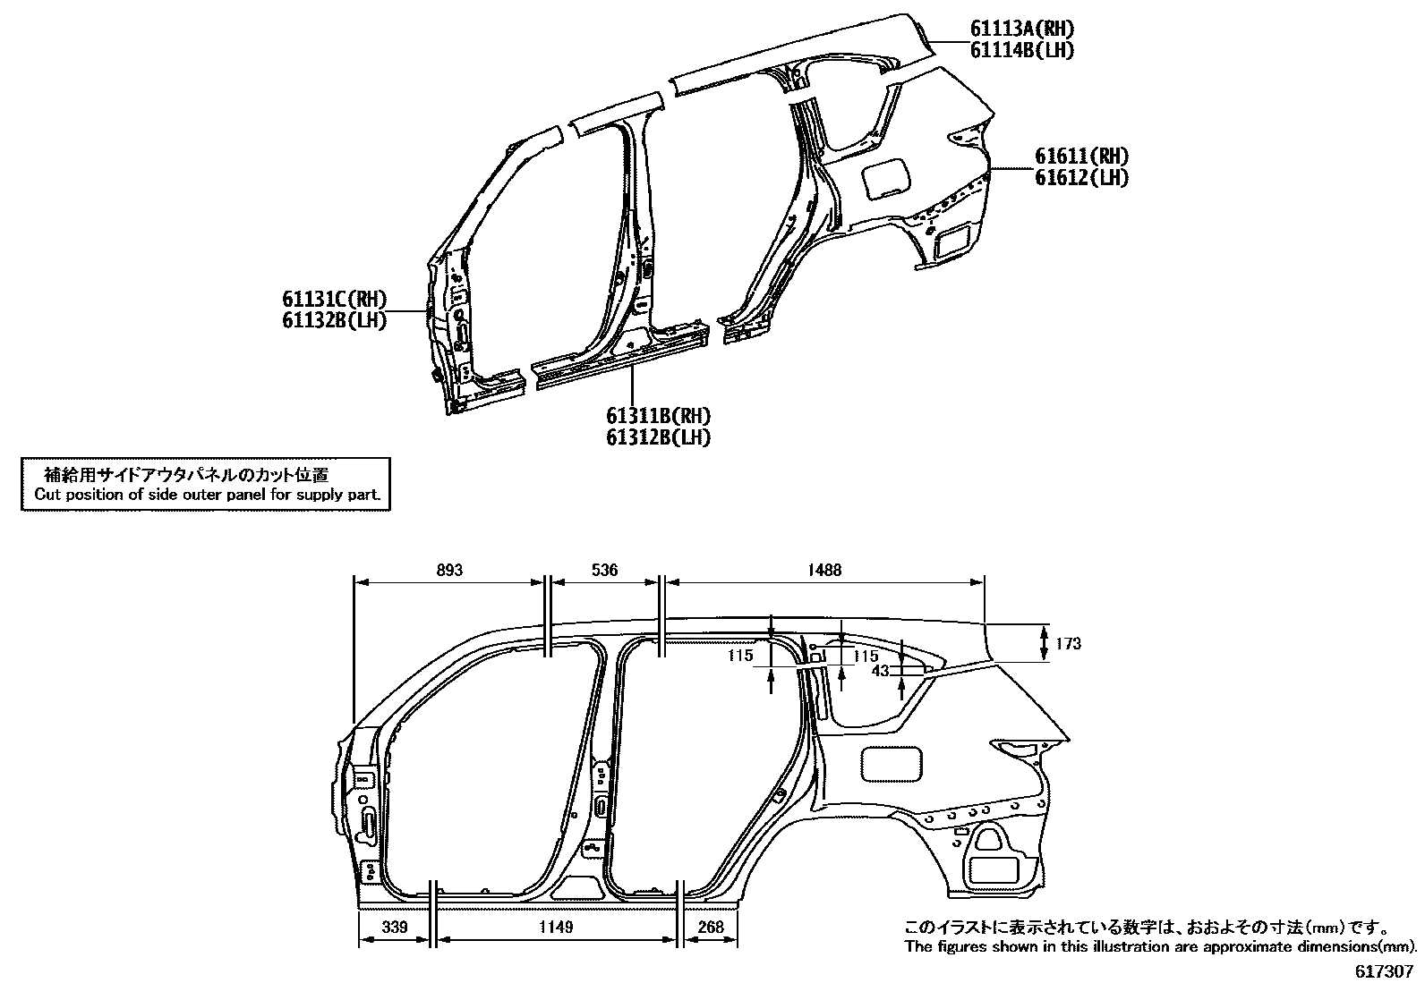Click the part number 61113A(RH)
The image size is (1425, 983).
[x=1022, y=30]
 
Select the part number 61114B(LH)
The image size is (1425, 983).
[x=1022, y=50]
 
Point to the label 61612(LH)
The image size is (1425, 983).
[x=1081, y=178]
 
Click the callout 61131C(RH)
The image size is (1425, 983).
[x=336, y=300]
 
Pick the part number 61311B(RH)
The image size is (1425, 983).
[x=658, y=416]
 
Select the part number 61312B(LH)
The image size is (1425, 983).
[x=658, y=437]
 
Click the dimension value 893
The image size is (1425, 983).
[x=449, y=570]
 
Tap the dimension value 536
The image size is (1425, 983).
[x=605, y=570]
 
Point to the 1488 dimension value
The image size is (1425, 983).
[x=823, y=570]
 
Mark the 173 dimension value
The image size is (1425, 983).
[x=1069, y=644]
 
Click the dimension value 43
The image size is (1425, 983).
[x=880, y=670]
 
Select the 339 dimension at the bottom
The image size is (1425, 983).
[x=394, y=928]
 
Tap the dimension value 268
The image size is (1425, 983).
[x=710, y=928]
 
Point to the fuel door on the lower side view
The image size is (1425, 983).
[x=891, y=763]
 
